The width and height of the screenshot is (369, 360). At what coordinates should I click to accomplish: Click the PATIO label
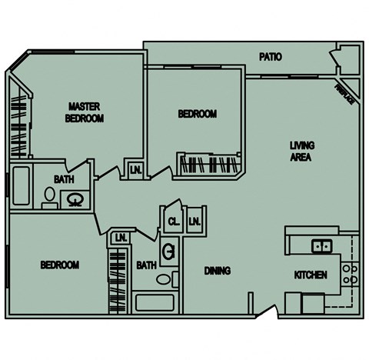[x=270, y=57]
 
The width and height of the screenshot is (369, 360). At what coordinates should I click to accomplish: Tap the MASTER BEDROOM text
[x=85, y=112]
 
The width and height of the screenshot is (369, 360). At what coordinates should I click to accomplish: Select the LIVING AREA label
[x=302, y=152]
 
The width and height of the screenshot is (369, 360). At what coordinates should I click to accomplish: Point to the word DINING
[x=218, y=270]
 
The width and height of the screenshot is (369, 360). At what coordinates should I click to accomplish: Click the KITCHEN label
[x=311, y=275]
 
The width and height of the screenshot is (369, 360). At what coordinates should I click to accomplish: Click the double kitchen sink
[x=321, y=246]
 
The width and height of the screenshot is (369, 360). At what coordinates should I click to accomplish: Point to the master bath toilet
[x=49, y=199]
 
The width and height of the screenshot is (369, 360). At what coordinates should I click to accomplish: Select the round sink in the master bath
[x=75, y=199]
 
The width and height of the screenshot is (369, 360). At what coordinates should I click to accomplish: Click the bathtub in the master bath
[x=21, y=185]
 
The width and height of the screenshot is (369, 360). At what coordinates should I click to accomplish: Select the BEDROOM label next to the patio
[x=198, y=114]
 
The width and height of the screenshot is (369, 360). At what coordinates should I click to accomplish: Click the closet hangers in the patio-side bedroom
[x=209, y=163]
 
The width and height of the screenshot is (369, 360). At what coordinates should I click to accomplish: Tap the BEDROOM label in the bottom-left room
[x=59, y=265]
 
